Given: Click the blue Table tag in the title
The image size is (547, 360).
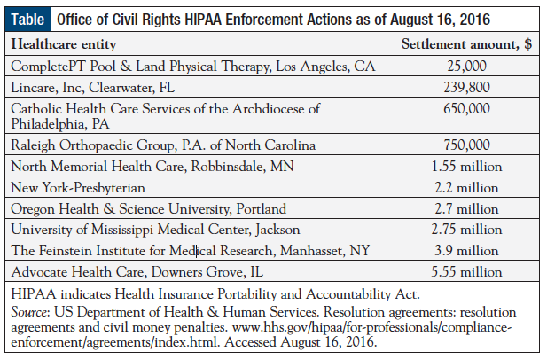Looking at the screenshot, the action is coord(27,20).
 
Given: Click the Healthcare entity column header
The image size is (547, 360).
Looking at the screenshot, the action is coord(64,44).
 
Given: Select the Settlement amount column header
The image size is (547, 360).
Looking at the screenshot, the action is coord(466,44).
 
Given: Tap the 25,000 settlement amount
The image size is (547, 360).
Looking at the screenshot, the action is coord(466,66).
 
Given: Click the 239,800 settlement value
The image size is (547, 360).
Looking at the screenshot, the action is coord(466,87).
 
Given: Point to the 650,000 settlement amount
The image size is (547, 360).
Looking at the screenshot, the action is coord(466,109).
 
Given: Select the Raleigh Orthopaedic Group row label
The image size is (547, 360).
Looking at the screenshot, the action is coord(163,145).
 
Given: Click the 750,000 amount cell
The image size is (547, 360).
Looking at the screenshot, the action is coord(466,145).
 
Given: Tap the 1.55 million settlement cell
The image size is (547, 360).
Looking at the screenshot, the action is coord(466,167).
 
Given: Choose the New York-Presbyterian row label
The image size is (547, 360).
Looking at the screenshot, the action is coord(78,188).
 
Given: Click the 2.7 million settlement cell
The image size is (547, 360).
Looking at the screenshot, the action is coord(466,209).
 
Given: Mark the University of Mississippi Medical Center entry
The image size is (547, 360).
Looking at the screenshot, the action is coord(155,230).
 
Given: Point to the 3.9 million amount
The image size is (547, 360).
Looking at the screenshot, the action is coord(466,251).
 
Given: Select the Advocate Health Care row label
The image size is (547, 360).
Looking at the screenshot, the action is coord(137,272).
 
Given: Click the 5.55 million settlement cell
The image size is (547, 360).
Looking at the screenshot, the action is coord(466,272).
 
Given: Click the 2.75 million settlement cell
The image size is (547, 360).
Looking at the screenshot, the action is coord(466,230).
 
